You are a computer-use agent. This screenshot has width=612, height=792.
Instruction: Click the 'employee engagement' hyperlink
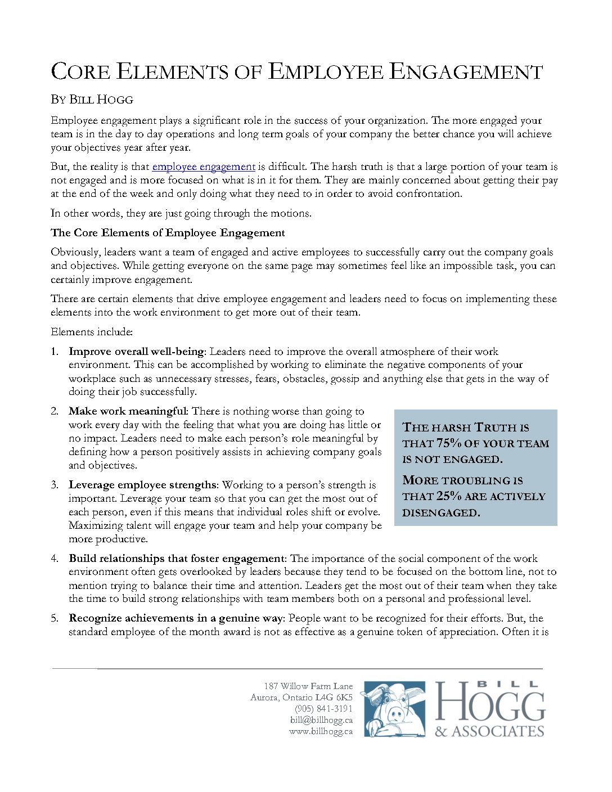click(204, 166)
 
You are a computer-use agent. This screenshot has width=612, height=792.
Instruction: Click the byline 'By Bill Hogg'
click(92, 100)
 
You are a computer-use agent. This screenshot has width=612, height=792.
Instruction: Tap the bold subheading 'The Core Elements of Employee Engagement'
click(168, 233)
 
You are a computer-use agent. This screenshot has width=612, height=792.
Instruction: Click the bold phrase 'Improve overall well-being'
click(136, 352)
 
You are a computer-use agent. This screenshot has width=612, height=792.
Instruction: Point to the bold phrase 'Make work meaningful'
click(127, 411)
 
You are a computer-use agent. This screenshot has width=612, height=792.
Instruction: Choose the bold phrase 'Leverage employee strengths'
click(142, 485)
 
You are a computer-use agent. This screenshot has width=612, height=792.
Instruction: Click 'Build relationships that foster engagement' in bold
click(177, 559)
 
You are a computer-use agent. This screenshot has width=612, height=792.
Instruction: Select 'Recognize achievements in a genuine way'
click(175, 618)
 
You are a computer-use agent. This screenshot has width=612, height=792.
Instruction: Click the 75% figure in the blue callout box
click(448, 443)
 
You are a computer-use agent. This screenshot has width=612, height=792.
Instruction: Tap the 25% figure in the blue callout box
click(448, 496)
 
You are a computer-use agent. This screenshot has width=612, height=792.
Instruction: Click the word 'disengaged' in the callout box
click(440, 512)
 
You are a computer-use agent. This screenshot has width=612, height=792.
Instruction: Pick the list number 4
click(55, 559)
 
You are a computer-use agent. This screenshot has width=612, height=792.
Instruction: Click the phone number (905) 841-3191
click(323, 709)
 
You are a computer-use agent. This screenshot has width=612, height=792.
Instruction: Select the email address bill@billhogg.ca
click(321, 720)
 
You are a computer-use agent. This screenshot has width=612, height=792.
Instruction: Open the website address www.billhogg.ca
click(321, 731)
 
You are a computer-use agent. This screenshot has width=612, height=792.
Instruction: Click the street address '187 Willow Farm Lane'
click(308, 686)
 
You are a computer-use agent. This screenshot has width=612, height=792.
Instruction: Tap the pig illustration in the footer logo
click(393, 709)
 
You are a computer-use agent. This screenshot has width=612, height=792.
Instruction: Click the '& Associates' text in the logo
click(489, 731)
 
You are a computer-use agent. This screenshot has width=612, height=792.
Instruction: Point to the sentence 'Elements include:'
click(92, 332)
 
